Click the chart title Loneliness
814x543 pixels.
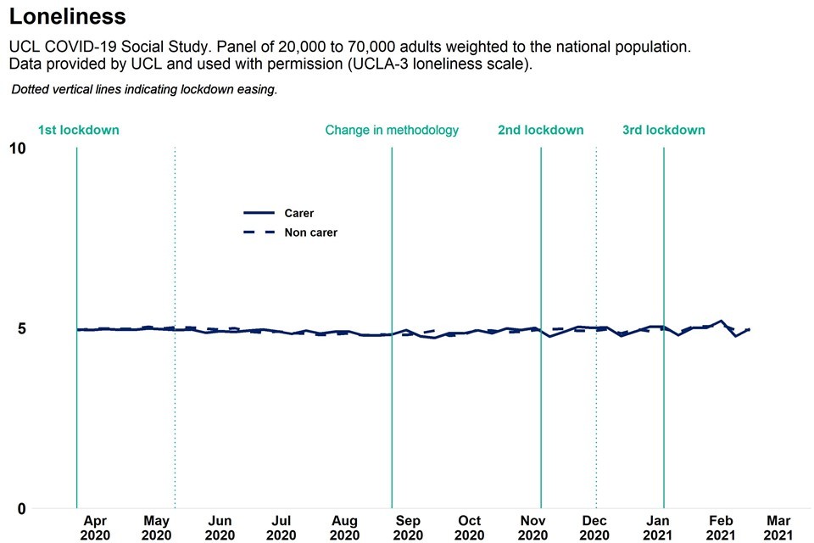[x=67, y=16]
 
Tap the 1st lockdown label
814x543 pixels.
[x=78, y=131]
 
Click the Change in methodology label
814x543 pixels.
[x=392, y=131]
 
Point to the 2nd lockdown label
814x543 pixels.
[x=540, y=131]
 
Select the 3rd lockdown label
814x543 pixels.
[x=663, y=131]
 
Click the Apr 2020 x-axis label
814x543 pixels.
[x=95, y=528]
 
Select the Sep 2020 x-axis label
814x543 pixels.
[x=408, y=528]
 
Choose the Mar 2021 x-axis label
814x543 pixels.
[x=779, y=528]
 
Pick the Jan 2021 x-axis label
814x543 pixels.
[x=659, y=528]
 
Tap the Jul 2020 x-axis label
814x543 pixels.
[x=282, y=528]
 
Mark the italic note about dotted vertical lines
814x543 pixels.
[x=144, y=89]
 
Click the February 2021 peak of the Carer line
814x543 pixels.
[x=721, y=321]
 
